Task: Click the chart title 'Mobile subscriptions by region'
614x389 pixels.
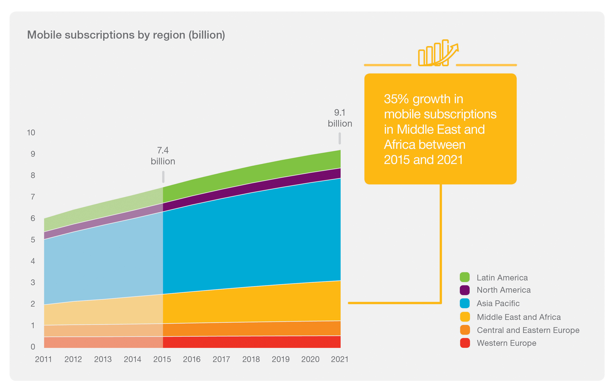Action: (126, 35)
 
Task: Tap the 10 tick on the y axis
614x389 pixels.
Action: (31, 133)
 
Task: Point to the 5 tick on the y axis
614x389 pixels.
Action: (33, 240)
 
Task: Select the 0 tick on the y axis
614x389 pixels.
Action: (33, 347)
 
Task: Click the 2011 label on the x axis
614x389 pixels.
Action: (43, 359)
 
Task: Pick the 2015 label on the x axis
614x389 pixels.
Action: (162, 359)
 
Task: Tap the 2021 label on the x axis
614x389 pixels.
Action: (340, 359)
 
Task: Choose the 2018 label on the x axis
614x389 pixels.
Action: (251, 359)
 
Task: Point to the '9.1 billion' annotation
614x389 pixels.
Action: (340, 118)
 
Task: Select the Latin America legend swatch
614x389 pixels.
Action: (465, 277)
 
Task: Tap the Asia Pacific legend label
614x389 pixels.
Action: (498, 303)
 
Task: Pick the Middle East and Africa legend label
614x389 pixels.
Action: (519, 317)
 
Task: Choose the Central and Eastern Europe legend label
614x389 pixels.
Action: (528, 330)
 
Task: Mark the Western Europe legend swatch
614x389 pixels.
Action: (465, 343)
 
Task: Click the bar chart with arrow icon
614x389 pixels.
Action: (438, 53)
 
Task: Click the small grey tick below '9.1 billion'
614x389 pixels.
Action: (340, 138)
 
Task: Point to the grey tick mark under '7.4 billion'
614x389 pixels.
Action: (163, 177)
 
